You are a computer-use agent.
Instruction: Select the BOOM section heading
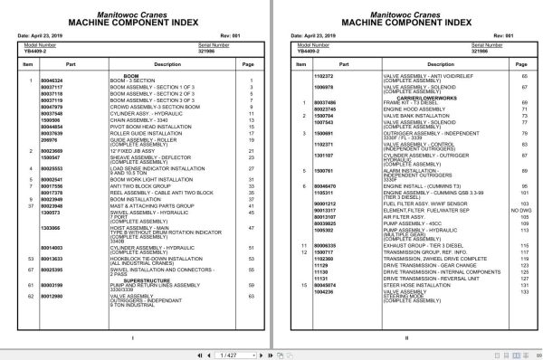point(131,76)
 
